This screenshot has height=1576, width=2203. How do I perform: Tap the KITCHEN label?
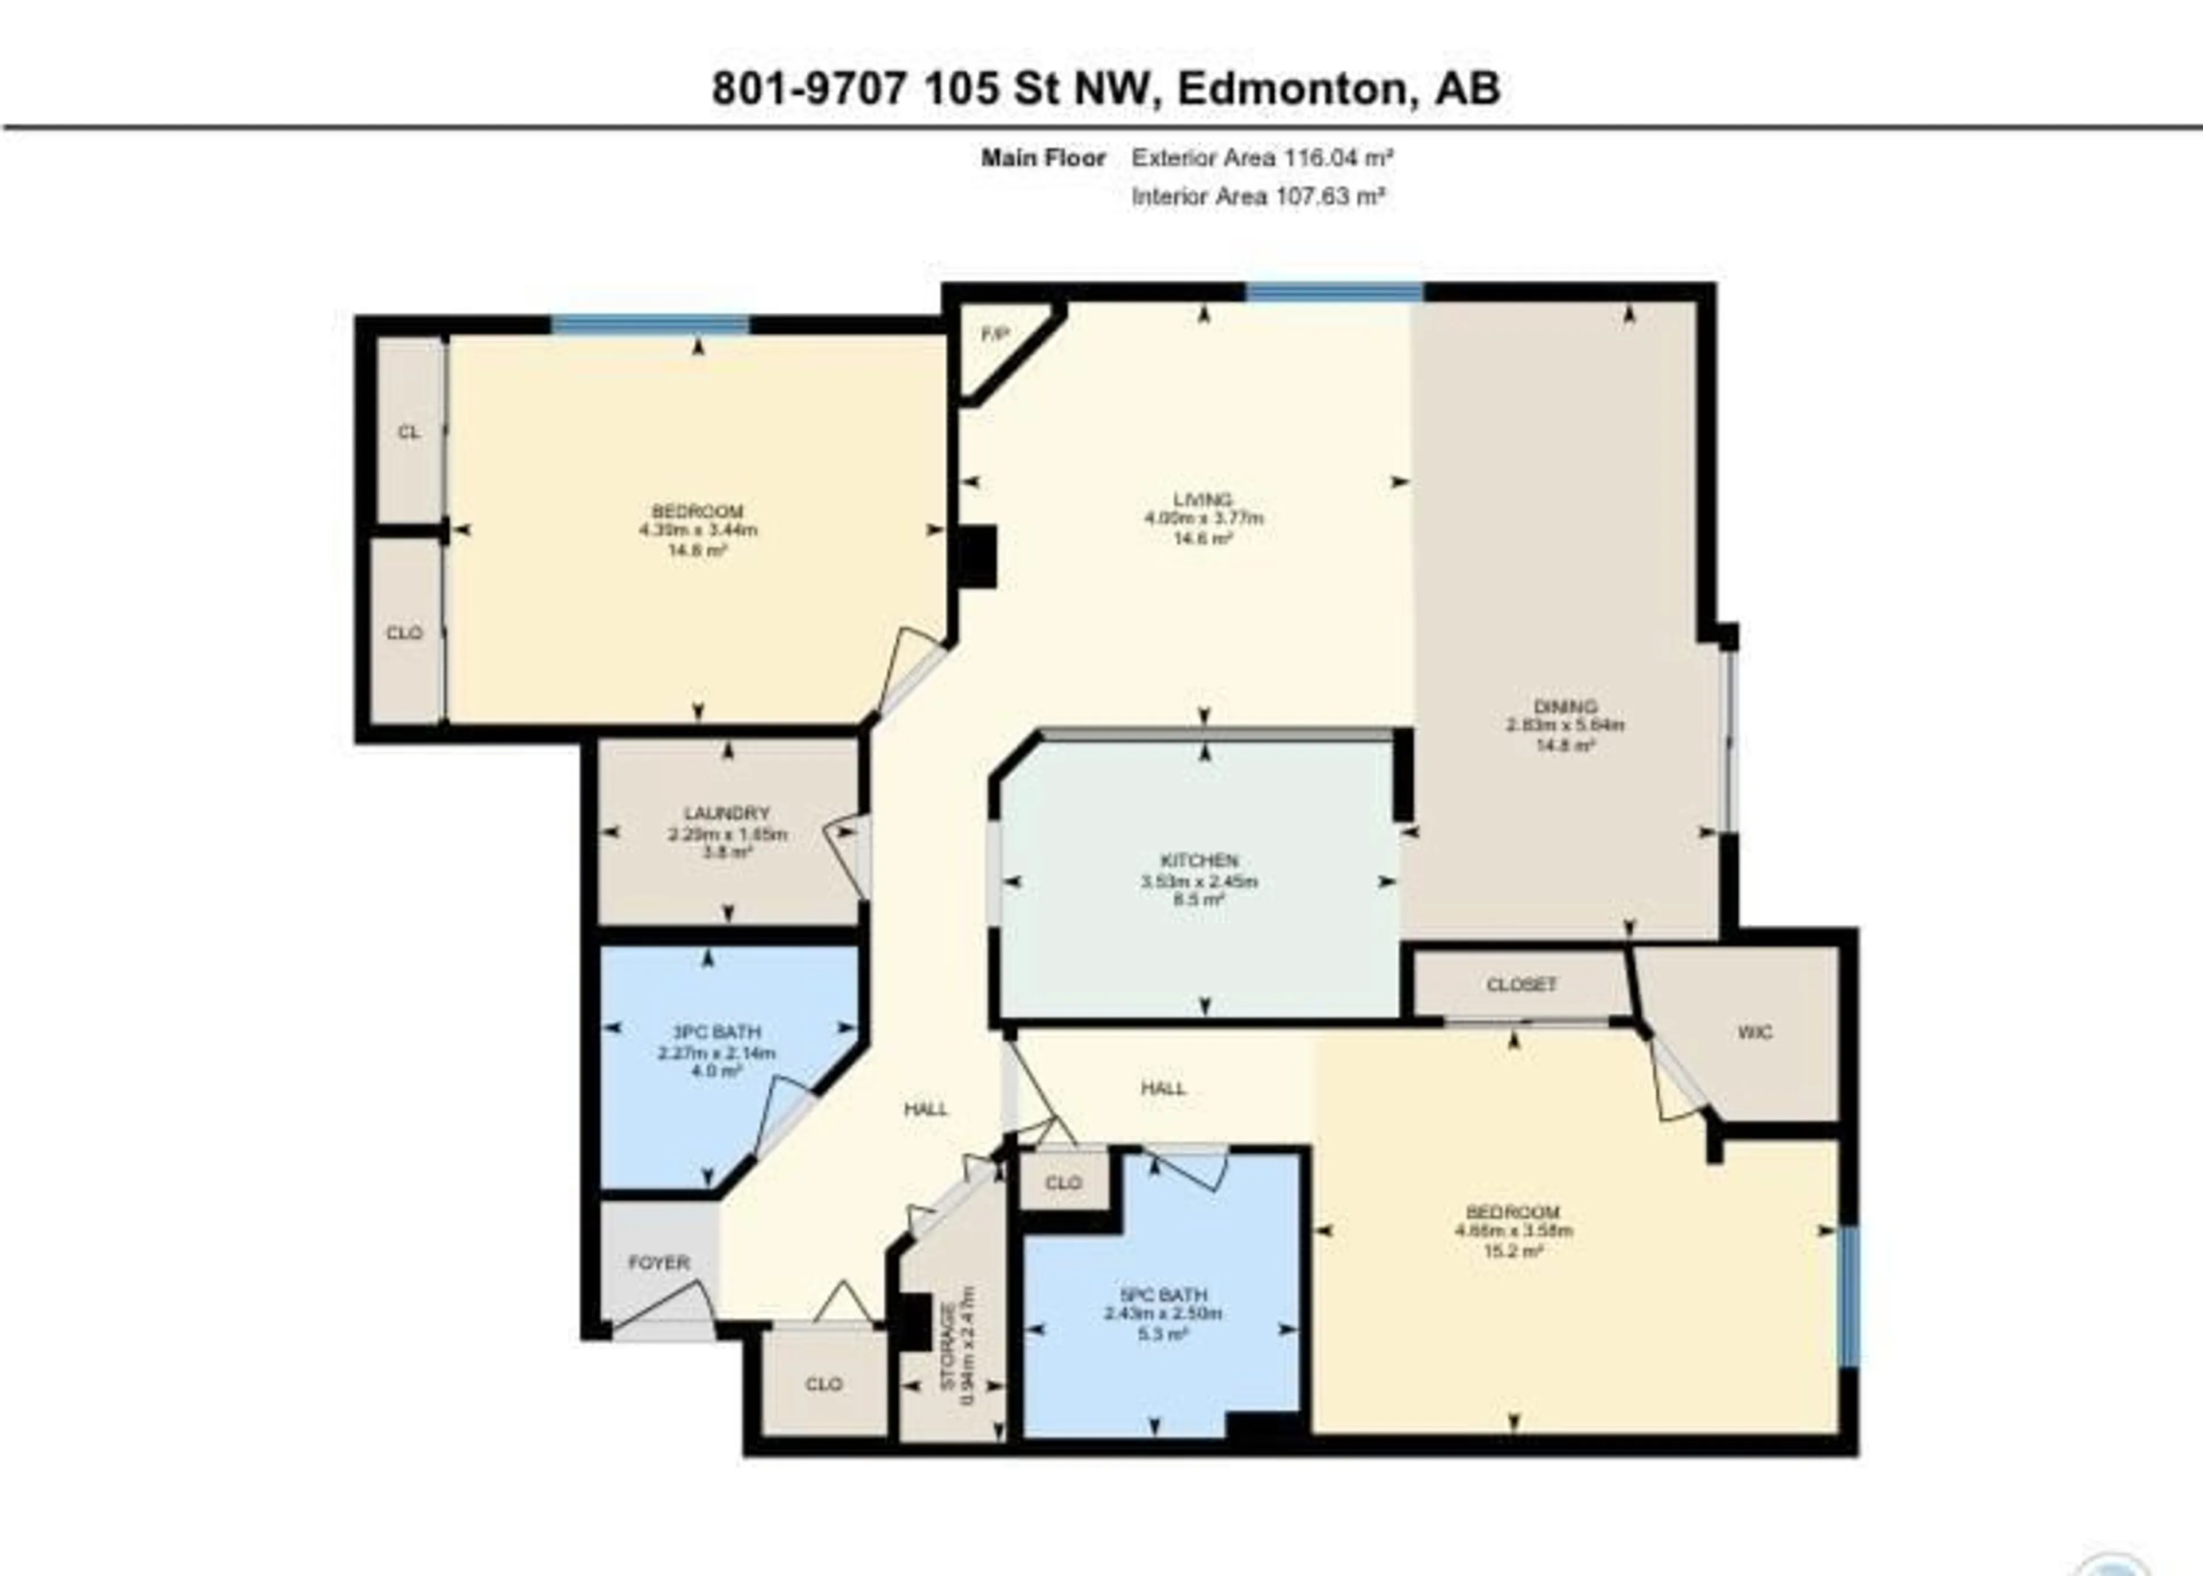1200,861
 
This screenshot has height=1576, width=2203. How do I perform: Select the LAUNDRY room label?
727,813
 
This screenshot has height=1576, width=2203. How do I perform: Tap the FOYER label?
659,1263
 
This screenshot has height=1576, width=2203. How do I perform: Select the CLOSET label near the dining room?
1521,984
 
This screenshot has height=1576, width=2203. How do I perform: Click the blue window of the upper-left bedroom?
650,324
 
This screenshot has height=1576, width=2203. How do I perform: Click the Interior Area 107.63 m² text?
1258,197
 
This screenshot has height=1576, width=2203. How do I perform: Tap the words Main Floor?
1042,157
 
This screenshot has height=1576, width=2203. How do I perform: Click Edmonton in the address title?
1291,89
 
